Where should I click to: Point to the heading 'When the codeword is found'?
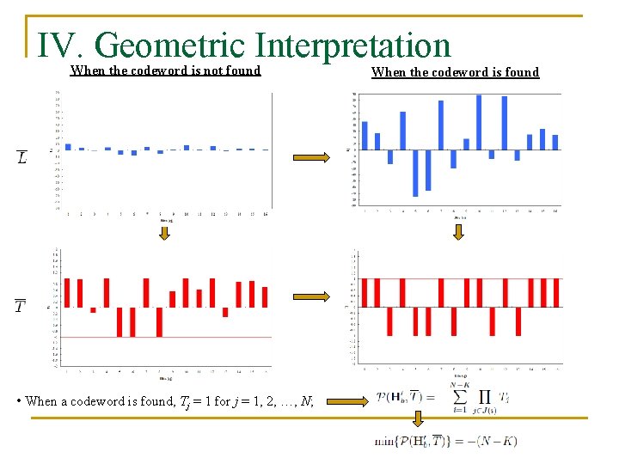click(x=455, y=72)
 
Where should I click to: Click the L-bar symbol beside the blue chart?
click(x=21, y=156)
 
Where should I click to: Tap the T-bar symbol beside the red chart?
click(x=21, y=307)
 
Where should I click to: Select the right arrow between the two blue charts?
click(x=311, y=156)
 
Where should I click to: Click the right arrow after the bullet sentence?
click(x=350, y=400)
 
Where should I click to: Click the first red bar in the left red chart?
click(x=68, y=292)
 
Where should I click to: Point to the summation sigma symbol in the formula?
click(x=461, y=398)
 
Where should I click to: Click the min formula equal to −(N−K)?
click(x=445, y=441)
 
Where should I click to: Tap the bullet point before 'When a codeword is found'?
click(x=20, y=401)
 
